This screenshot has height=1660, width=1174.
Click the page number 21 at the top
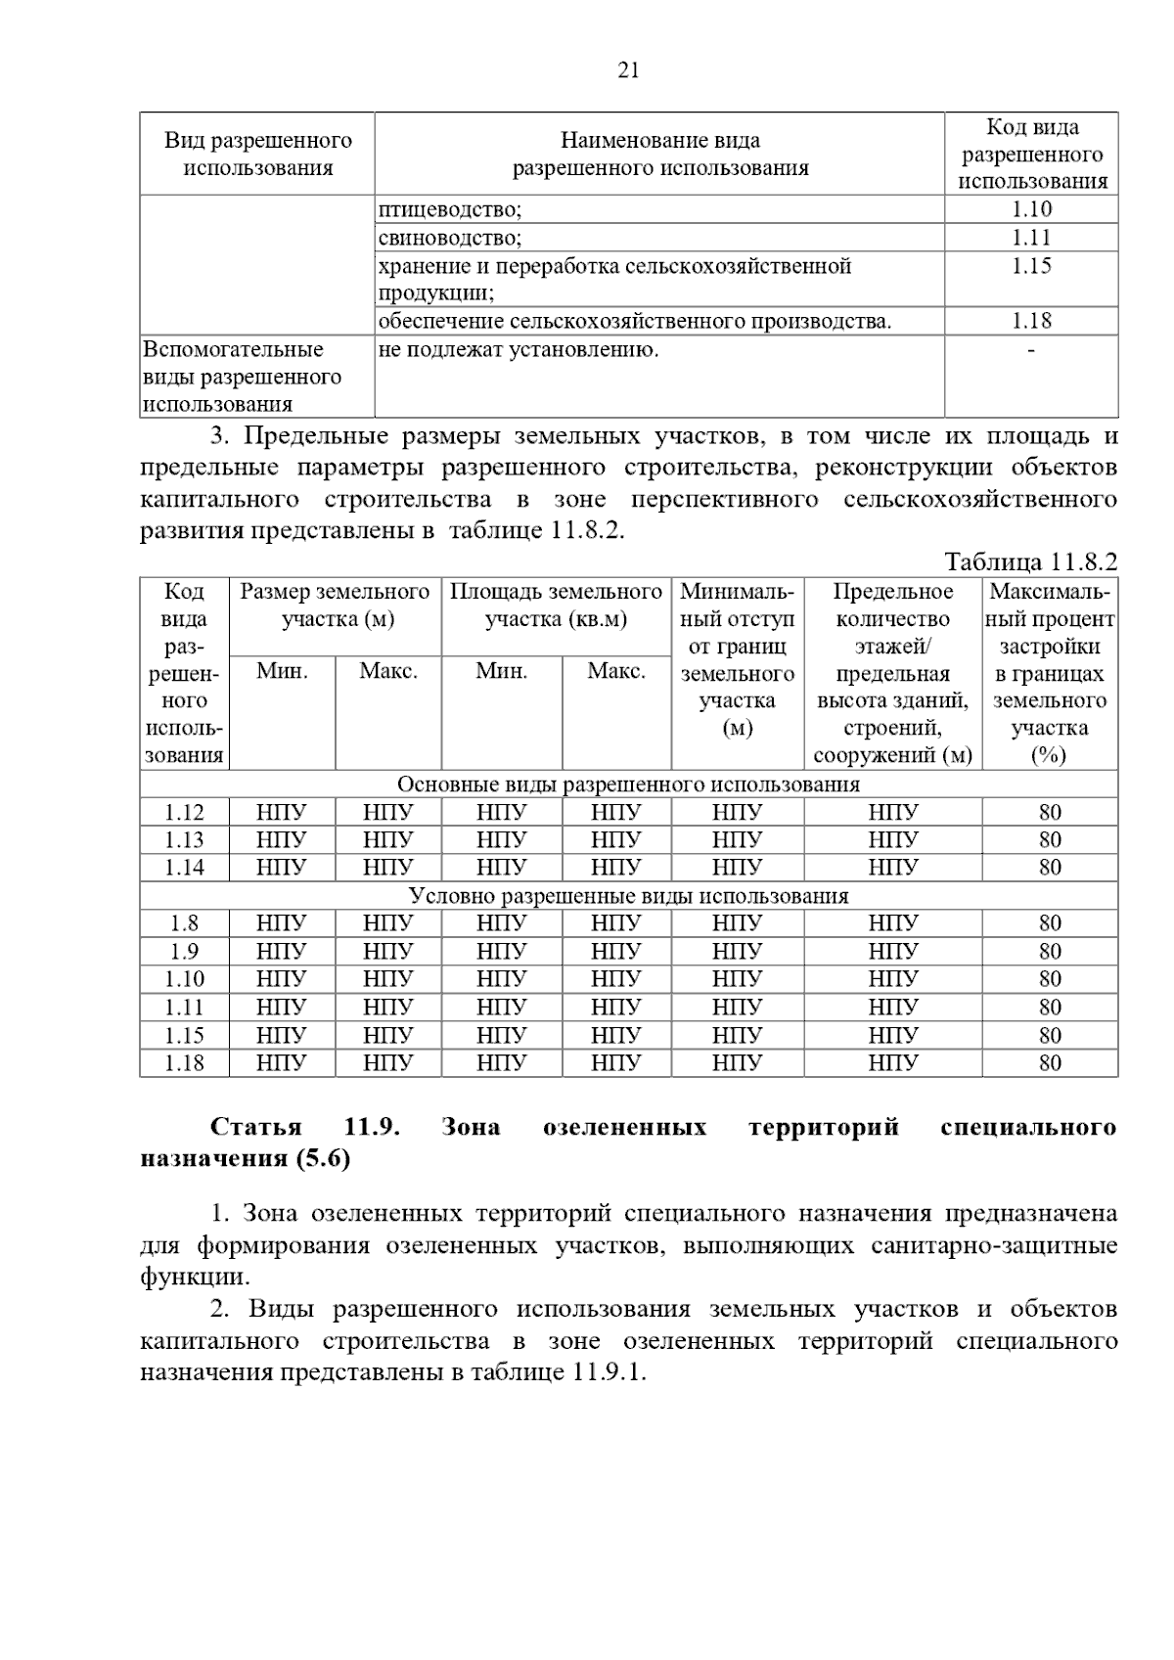[x=628, y=69]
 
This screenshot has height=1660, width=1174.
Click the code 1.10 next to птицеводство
[x=1031, y=208]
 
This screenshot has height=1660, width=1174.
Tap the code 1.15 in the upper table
[x=1031, y=266]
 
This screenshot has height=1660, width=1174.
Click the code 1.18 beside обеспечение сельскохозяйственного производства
[x=1031, y=321]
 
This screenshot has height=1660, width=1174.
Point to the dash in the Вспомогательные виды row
[x=1031, y=349]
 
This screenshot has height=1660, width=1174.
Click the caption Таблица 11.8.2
[x=1030, y=561]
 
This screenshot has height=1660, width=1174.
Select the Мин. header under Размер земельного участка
[x=282, y=671]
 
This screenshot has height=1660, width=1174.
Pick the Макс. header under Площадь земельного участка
[x=615, y=671]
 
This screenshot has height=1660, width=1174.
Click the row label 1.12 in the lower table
[x=184, y=812]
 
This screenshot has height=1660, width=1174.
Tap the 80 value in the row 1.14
[x=1050, y=867]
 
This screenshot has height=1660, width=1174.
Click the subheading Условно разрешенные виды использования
[x=628, y=895]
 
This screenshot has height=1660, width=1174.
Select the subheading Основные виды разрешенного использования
[x=628, y=785]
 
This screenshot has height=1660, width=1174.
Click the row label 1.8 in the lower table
[x=184, y=922]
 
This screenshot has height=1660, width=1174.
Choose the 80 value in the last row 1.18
[x=1050, y=1062]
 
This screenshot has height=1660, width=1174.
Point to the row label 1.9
[x=184, y=951]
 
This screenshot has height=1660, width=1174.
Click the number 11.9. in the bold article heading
[x=372, y=1127]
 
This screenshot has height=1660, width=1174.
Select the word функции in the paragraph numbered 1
[x=194, y=1277]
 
